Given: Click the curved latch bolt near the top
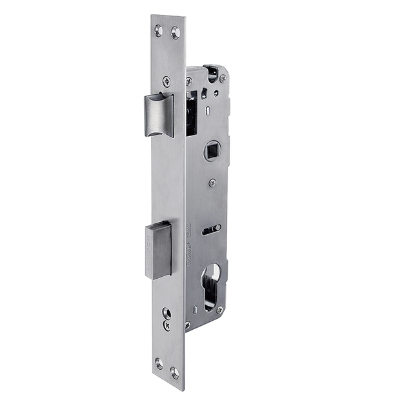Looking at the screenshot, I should pyautogui.click(x=159, y=115).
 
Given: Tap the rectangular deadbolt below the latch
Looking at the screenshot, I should pyautogui.click(x=159, y=249).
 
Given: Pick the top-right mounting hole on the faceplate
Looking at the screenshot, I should pyautogui.click(x=175, y=32).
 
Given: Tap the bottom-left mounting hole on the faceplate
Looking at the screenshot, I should pyautogui.click(x=159, y=363).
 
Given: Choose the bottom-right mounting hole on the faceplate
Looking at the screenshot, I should pyautogui.click(x=174, y=372).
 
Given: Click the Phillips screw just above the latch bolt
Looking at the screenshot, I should pyautogui.click(x=166, y=81).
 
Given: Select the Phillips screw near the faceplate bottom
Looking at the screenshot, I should pyautogui.click(x=166, y=327).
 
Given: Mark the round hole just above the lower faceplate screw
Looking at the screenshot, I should pyautogui.click(x=166, y=314).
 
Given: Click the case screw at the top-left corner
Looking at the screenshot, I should pyautogui.click(x=189, y=81).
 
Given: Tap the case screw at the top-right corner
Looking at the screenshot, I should pyautogui.click(x=223, y=78).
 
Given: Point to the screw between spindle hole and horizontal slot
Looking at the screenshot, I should pyautogui.click(x=212, y=183).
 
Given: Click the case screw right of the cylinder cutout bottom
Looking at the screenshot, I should pyautogui.click(x=221, y=310).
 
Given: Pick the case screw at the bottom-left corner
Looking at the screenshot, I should pyautogui.click(x=188, y=325).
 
